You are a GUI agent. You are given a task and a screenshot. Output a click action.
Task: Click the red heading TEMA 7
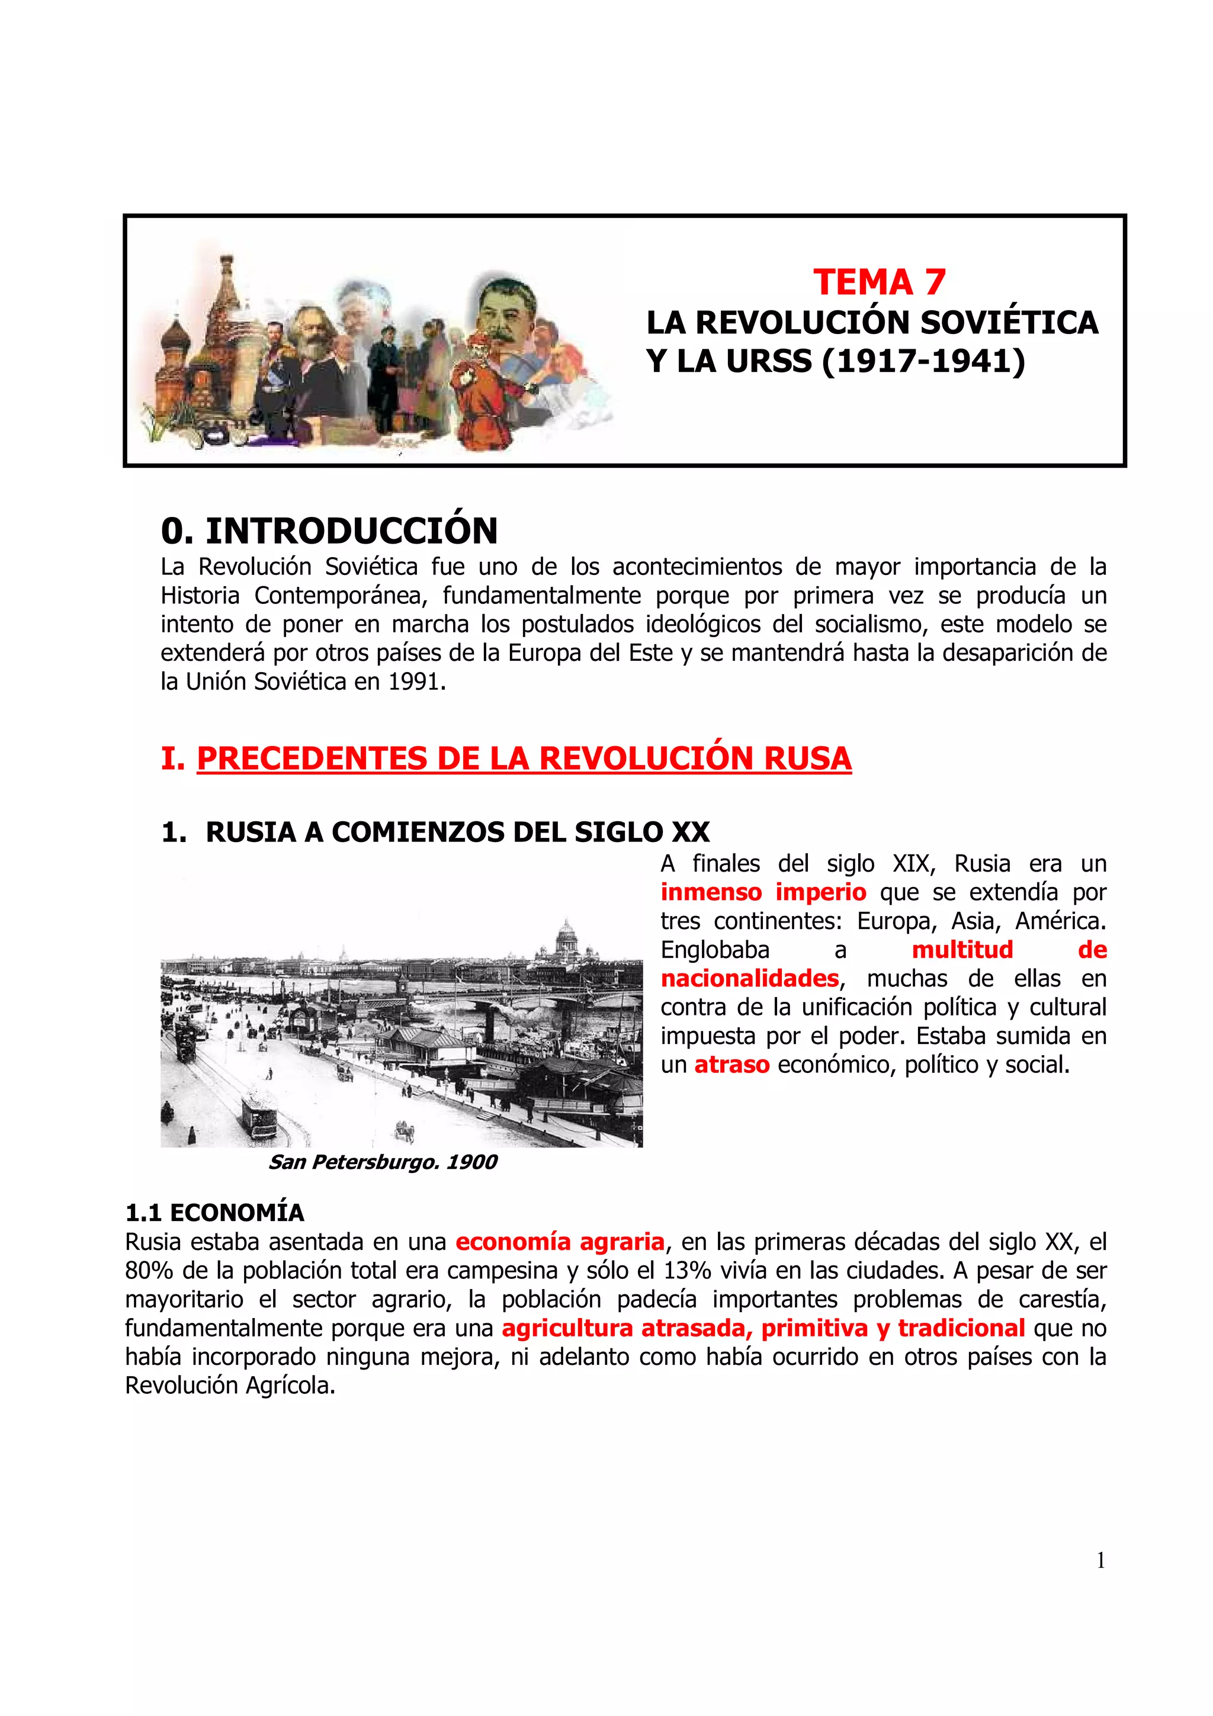[x=879, y=282]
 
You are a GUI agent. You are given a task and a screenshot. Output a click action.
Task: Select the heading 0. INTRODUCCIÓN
[x=329, y=531]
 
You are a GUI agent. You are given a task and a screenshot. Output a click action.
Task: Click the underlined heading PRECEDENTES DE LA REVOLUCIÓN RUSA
[x=523, y=758]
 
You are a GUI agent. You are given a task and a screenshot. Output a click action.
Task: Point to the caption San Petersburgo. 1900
[x=383, y=1161]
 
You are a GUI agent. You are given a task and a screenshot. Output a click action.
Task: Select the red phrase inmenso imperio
[x=762, y=892]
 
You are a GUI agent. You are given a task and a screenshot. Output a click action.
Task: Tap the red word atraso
[x=731, y=1064]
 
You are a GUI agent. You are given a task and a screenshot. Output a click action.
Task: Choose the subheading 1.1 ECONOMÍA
[x=214, y=1212]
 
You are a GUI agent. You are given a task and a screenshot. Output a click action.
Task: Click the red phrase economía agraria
[x=559, y=1242]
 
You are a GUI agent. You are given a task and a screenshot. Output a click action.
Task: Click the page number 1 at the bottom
[x=1099, y=1560]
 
